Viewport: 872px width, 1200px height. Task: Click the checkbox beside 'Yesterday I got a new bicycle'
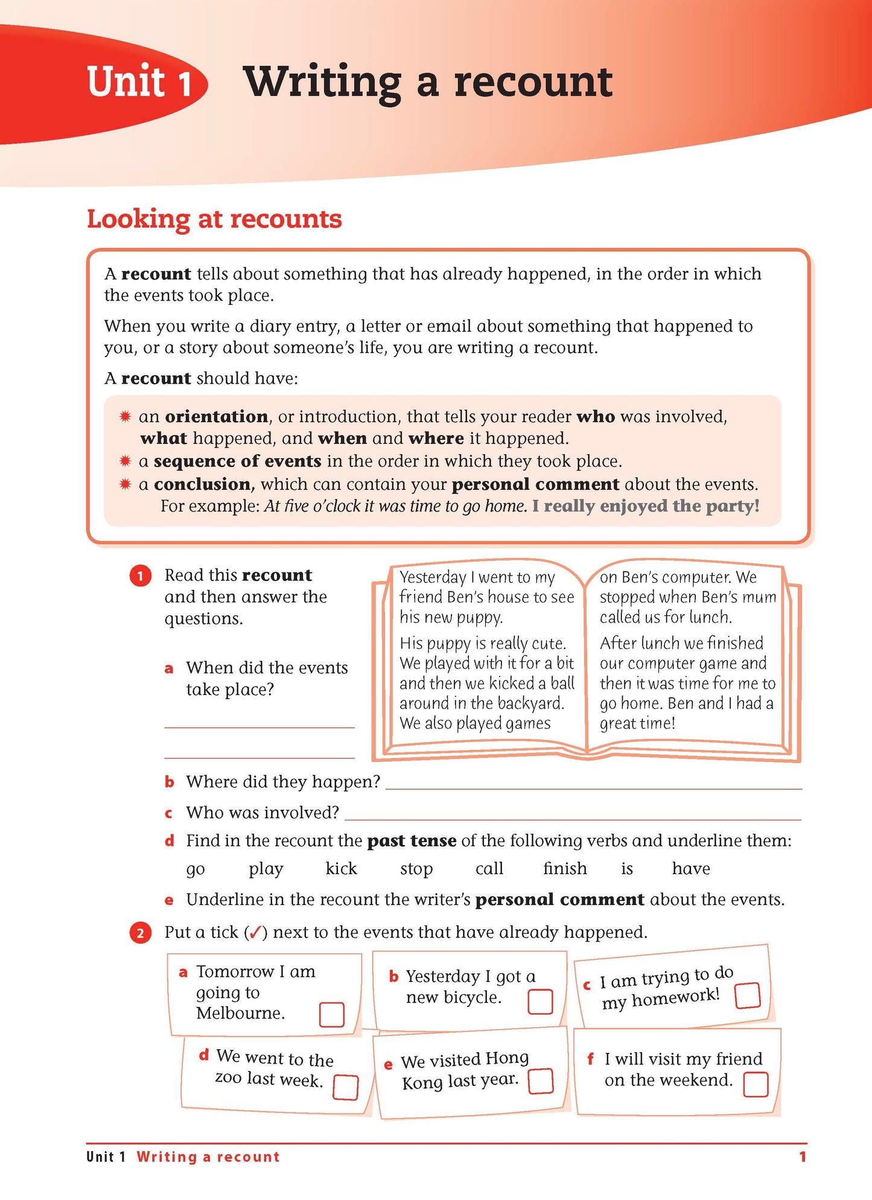pos(540,1002)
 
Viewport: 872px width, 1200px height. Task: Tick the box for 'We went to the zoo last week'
pos(346,1087)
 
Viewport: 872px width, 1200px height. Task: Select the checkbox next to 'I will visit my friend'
pos(756,1084)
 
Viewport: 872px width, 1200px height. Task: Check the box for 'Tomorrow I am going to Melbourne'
pos(331,1015)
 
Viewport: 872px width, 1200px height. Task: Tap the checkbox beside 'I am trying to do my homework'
pos(748,995)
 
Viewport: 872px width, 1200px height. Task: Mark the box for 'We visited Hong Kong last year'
pos(541,1081)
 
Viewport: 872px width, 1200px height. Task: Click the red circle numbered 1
pos(140,576)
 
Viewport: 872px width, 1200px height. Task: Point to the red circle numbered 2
pos(140,933)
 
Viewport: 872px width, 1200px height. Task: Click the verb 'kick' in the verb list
pos(341,869)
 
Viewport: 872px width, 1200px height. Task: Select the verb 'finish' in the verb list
pos(565,869)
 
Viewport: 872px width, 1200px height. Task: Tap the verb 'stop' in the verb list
pos(416,869)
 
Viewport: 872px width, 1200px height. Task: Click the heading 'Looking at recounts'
pos(214,219)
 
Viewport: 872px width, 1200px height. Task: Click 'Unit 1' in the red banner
pos(139,82)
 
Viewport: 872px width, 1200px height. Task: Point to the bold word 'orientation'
pos(216,417)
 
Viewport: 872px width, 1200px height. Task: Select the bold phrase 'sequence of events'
pos(237,462)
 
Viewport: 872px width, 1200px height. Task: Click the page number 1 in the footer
pos(802,1157)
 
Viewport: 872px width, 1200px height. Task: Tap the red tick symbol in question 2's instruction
pos(255,933)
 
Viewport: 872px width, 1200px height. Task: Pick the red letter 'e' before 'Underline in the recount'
pos(169,901)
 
